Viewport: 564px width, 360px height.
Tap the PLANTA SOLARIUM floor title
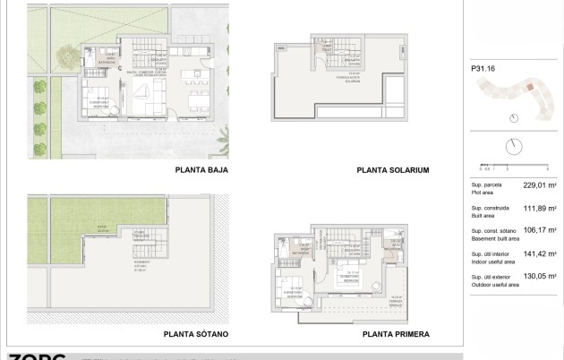point(393,169)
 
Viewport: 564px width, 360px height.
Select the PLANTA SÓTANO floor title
point(196,334)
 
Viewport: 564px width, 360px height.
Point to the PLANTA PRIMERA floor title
point(396,334)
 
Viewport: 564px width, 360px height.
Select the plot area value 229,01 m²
point(540,185)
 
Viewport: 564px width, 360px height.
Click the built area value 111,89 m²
point(540,209)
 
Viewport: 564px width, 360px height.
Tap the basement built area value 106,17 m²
point(540,232)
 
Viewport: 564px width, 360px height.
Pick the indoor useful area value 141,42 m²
point(540,255)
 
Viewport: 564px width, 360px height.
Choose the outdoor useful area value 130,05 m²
point(540,279)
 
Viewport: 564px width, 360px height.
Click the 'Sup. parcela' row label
point(487,184)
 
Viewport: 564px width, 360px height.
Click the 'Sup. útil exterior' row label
point(492,278)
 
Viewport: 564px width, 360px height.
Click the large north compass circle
point(514,146)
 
